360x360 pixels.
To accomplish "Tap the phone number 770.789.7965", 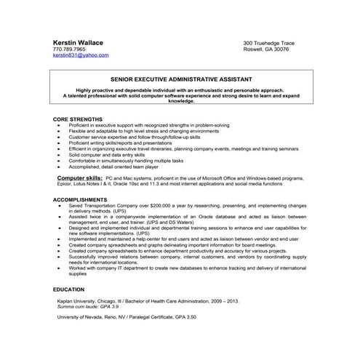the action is pos(69,49).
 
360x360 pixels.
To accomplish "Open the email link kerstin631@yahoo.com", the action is pos(81,55).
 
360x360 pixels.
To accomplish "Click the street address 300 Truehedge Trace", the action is pos(269,43).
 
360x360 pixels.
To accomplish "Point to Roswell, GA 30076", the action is pos(265,49).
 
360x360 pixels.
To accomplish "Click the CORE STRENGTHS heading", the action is pos(78,118).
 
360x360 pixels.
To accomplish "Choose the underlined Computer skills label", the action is pos(79,177).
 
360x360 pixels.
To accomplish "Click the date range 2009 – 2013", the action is pos(215,301).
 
